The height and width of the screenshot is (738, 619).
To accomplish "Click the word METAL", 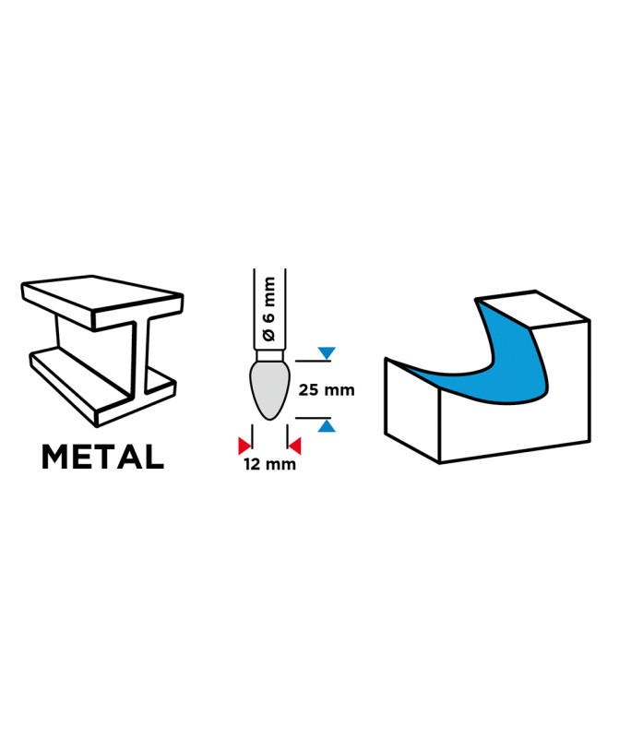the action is (102, 456).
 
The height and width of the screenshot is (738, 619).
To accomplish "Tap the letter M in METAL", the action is (54, 456).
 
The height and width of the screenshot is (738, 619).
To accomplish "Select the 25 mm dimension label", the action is (327, 390).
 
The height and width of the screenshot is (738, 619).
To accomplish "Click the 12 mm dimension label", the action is (269, 464).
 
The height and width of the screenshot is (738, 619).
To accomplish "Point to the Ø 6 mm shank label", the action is (268, 309).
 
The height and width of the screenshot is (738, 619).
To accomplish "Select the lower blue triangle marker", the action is (327, 426).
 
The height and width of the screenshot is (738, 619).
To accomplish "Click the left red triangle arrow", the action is (244, 446).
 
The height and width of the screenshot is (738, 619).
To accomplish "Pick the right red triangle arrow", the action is (295, 446).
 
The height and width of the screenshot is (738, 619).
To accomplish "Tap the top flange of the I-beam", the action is (102, 302).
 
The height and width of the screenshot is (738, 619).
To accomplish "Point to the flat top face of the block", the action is (533, 309).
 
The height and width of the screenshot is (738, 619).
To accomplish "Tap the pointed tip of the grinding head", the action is (269, 420).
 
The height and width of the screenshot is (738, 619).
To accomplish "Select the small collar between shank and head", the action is (269, 355).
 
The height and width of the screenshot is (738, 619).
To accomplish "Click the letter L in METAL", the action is (153, 456).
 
